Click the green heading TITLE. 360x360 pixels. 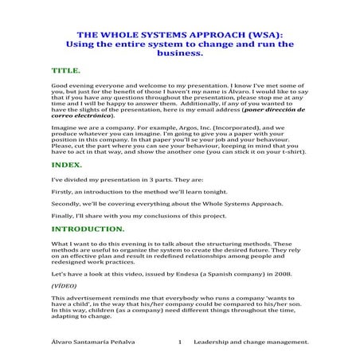(x=65, y=71)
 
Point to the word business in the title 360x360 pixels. (x=180, y=56)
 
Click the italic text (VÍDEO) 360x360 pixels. (x=65, y=284)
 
